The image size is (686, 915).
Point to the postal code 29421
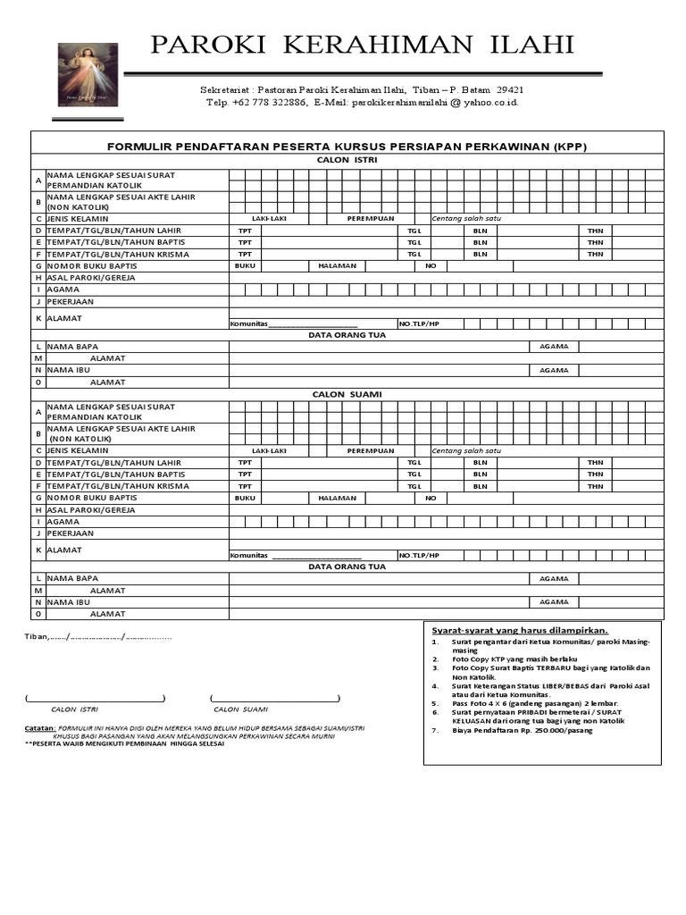tap(509, 90)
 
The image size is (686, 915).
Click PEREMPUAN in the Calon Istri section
tap(371, 218)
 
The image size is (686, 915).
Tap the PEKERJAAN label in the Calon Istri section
tap(71, 301)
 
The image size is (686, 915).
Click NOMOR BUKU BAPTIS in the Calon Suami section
tap(92, 498)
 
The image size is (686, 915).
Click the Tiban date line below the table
tap(97, 637)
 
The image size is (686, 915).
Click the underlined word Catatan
tap(39, 728)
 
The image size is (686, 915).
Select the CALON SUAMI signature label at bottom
tap(240, 709)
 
